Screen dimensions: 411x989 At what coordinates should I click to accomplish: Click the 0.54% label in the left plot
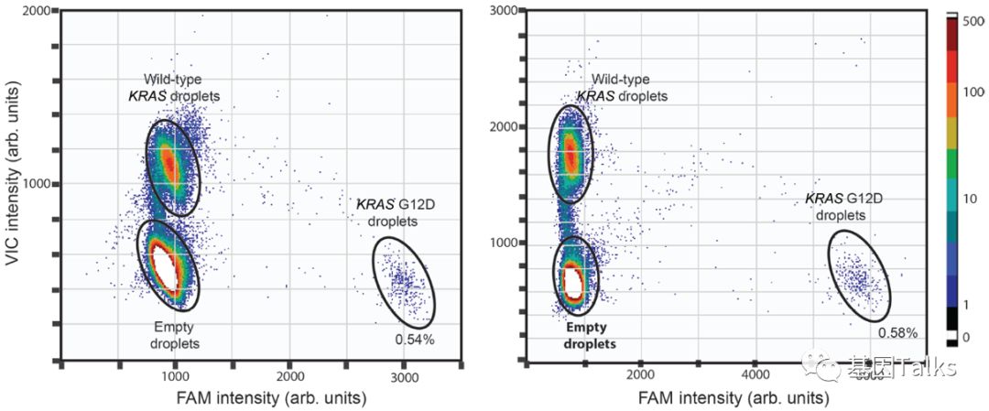coord(414,340)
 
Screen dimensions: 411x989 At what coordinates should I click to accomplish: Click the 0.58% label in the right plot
coord(898,332)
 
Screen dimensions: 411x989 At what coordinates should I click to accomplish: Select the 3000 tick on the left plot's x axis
coord(404,376)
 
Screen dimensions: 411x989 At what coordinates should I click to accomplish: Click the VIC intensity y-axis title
coord(13,183)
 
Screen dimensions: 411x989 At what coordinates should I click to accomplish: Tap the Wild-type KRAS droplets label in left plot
coord(181,87)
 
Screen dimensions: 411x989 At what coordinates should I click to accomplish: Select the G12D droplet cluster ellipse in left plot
coord(404,281)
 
